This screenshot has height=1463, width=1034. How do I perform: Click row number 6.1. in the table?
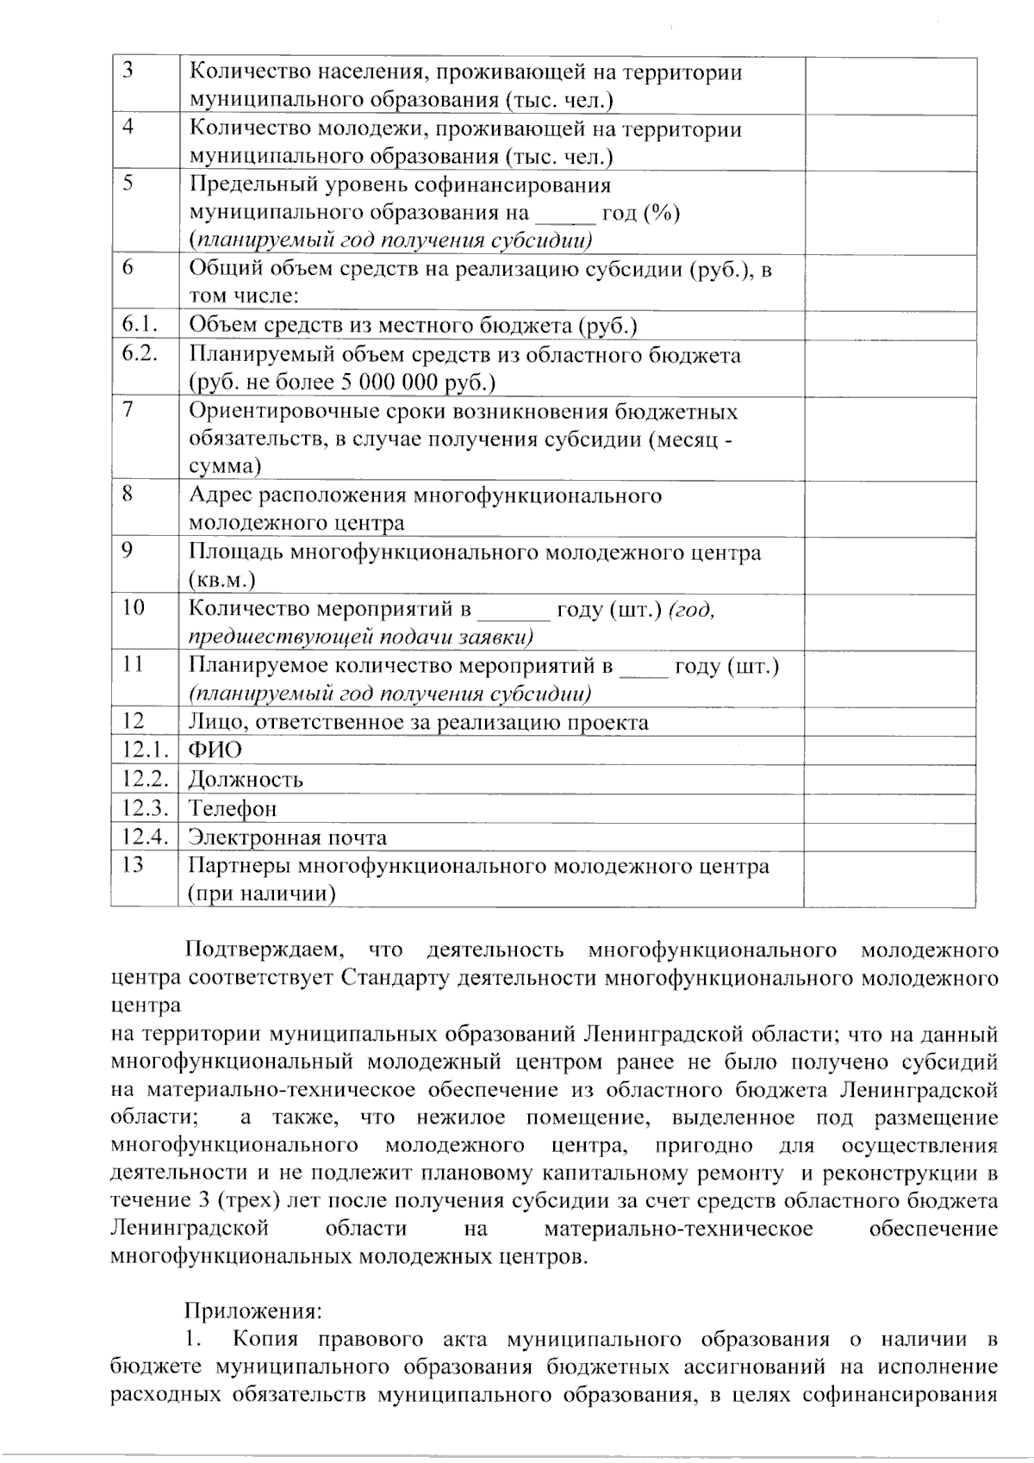coord(139,325)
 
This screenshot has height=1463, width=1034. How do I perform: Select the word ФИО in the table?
coord(215,750)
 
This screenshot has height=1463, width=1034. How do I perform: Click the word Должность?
coord(246,780)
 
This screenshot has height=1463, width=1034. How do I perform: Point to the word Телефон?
coord(233,808)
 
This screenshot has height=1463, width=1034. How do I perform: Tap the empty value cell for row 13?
coord(889,879)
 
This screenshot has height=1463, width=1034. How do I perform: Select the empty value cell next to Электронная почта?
coord(889,837)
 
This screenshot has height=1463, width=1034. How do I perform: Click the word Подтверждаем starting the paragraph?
coord(265,950)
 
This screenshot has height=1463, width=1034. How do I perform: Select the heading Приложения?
coord(252,1310)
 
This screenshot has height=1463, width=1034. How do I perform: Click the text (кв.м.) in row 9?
coord(221,580)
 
